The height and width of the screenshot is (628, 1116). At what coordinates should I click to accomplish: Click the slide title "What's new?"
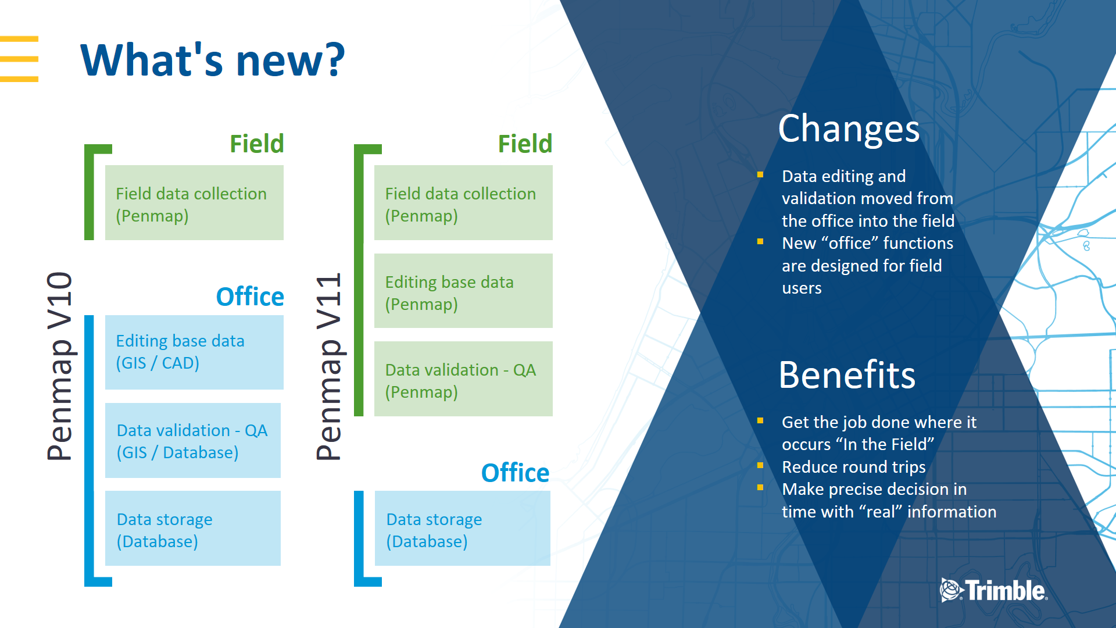213,60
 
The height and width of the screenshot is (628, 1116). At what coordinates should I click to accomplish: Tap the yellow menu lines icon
19,59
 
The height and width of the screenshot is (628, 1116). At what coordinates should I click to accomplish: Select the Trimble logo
994,590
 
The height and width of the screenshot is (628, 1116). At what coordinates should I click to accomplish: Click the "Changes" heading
849,129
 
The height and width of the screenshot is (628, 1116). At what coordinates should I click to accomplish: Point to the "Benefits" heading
847,375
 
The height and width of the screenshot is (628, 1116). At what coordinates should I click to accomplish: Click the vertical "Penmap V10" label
60,366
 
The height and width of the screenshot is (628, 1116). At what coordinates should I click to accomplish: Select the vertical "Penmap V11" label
329,366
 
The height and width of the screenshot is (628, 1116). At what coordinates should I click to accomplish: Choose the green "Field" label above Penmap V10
256,144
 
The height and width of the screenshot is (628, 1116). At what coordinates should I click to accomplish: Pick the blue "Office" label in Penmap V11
515,473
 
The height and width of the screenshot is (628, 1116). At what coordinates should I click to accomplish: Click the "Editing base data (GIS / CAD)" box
194,352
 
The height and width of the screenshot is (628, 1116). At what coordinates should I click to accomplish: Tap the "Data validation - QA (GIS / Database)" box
193,440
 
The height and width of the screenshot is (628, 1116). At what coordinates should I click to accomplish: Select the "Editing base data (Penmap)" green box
463,291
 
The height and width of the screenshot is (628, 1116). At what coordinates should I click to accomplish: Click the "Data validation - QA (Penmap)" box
463,379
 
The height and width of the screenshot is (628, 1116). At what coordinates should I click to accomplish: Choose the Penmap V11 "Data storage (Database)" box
463,528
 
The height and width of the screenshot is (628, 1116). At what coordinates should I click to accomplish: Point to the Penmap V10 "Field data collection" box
194,202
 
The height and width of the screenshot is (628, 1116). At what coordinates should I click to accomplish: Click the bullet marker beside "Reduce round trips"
760,466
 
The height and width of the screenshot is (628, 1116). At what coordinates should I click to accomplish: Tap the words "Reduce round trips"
853,467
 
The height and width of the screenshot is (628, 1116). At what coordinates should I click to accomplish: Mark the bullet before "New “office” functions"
760,242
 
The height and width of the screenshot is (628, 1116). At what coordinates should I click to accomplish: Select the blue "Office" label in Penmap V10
250,297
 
